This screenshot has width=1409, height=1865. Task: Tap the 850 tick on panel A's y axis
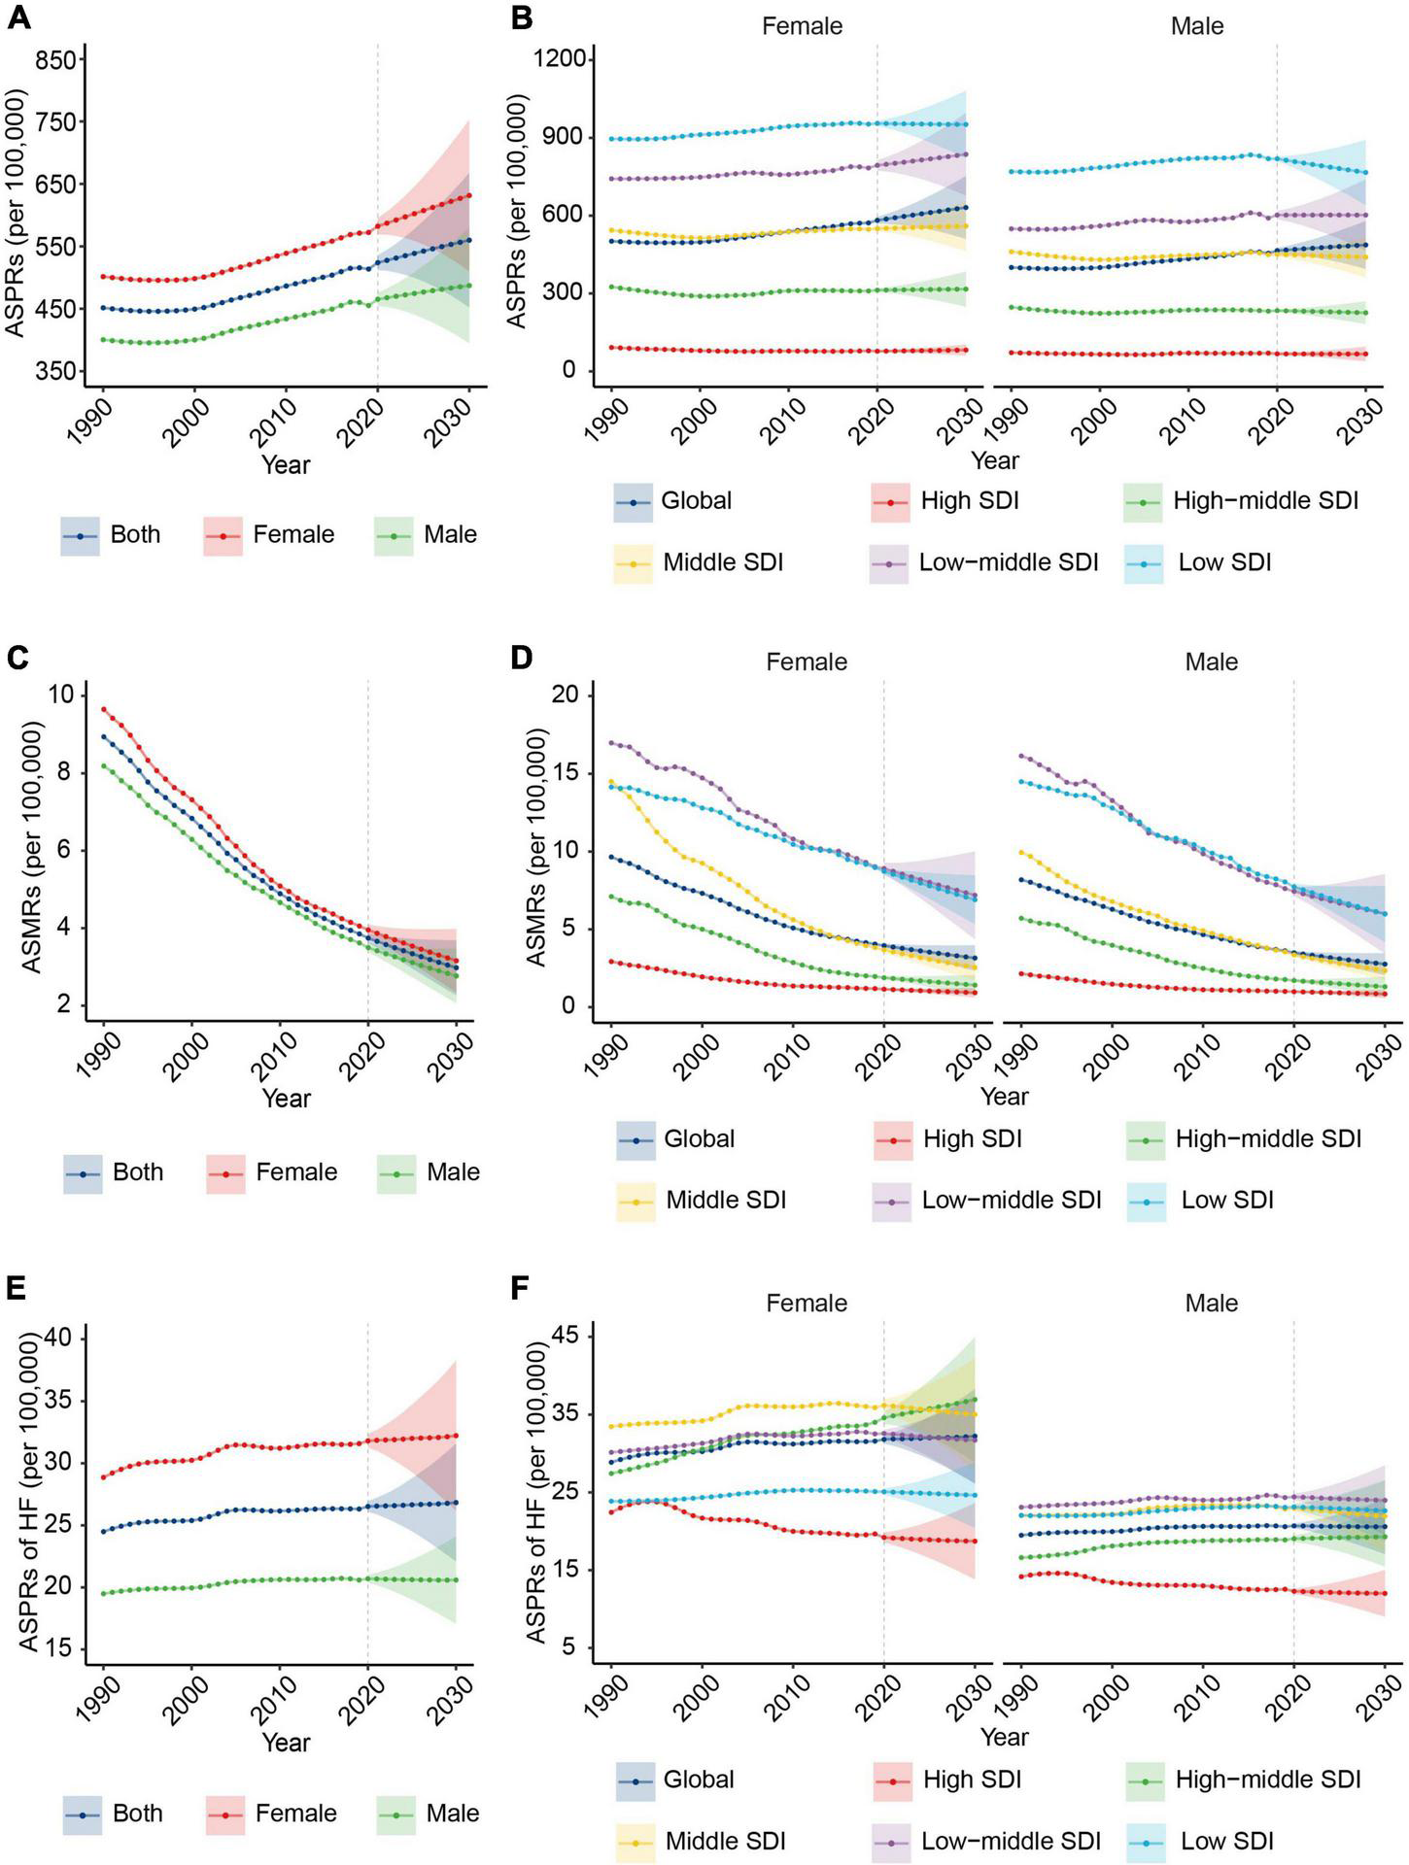click(x=55, y=61)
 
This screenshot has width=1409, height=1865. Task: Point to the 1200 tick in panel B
click(x=560, y=59)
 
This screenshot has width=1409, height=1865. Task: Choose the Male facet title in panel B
click(x=1196, y=26)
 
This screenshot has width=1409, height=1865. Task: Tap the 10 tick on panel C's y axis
click(x=62, y=695)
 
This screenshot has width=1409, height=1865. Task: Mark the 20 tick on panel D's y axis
click(x=563, y=695)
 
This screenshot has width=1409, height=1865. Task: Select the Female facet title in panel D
click(x=807, y=662)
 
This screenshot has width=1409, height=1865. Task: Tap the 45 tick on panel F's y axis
click(x=564, y=1337)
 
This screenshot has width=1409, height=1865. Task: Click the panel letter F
click(x=520, y=1289)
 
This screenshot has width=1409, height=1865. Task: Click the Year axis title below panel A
click(x=286, y=464)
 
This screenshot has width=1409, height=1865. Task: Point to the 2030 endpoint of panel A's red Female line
click(x=469, y=195)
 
